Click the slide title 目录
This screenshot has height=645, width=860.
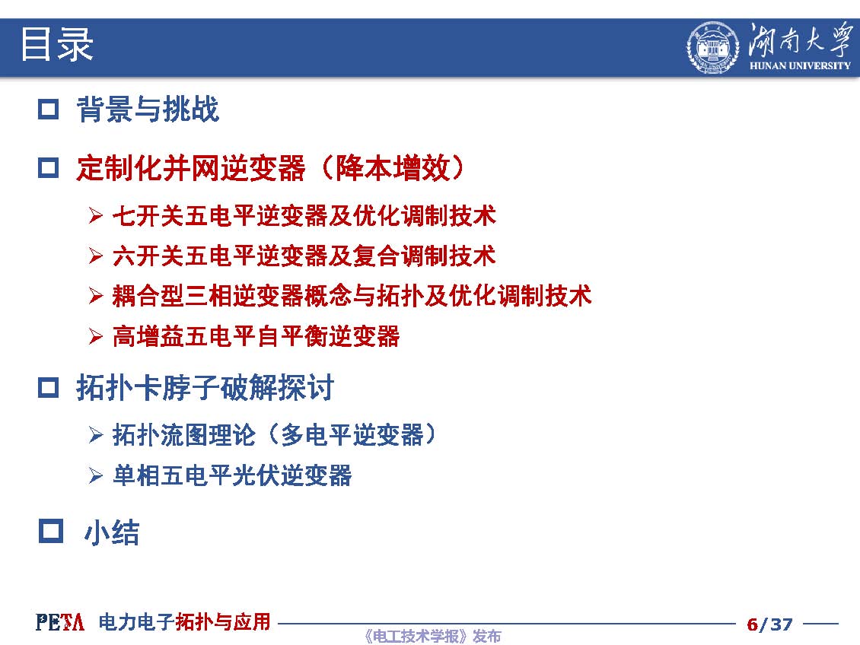(x=56, y=44)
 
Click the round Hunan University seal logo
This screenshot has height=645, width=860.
(x=713, y=48)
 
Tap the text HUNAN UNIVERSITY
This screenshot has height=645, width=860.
(x=800, y=65)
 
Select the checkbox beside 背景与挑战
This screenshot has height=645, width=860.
(x=48, y=109)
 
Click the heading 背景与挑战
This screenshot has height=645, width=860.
(x=148, y=109)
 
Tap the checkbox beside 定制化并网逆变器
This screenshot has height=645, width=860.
(x=48, y=167)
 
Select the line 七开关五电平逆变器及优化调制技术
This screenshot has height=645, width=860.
(x=304, y=215)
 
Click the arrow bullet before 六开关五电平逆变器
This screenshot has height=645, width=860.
(x=95, y=256)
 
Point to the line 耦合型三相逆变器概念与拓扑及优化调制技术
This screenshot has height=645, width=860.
(x=352, y=296)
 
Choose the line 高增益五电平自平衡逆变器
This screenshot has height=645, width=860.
(x=256, y=336)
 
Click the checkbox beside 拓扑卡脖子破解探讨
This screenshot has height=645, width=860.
(x=48, y=387)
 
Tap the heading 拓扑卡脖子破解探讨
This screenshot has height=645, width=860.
(x=205, y=388)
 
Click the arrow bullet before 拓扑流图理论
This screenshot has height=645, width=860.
(x=95, y=435)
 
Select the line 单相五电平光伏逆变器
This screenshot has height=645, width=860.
(x=232, y=475)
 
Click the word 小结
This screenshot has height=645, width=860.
(x=112, y=532)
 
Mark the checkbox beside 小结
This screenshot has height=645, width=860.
(x=51, y=531)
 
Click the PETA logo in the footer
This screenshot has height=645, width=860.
(x=60, y=622)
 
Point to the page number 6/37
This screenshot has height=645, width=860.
(x=769, y=624)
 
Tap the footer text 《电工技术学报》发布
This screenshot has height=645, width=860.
(x=432, y=636)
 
